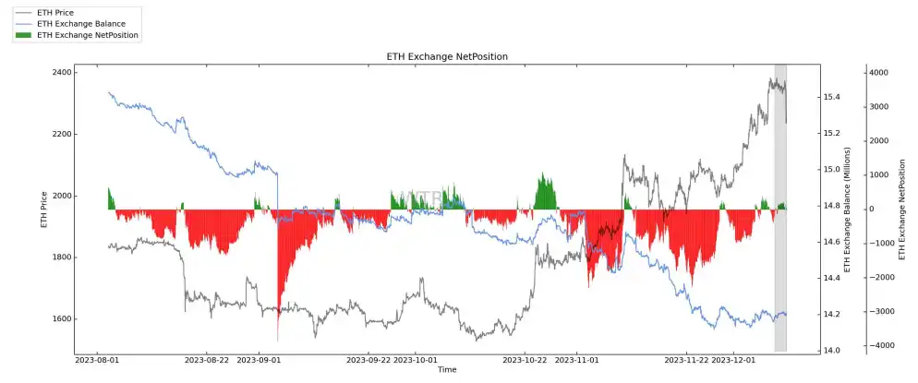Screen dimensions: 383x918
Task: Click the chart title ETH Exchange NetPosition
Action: (447, 57)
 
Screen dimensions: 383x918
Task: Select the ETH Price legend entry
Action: (56, 11)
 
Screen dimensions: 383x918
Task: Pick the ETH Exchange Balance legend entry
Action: (81, 23)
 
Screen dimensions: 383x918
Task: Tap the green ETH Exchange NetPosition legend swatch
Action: (24, 35)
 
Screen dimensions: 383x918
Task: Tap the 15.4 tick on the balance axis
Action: (831, 97)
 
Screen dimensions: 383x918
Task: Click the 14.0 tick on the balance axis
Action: (831, 351)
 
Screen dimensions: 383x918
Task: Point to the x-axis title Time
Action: (447, 370)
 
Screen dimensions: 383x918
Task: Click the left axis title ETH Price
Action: (43, 209)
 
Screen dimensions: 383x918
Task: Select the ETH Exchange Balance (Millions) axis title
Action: (846, 209)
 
